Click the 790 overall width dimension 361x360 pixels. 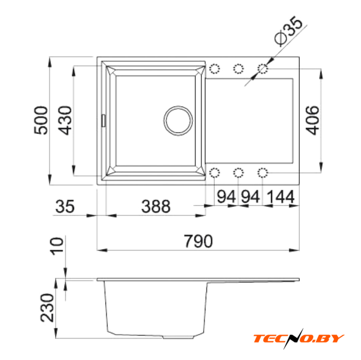pyautogui.click(x=198, y=241)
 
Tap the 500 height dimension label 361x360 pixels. pyautogui.click(x=41, y=120)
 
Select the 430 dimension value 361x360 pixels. pyautogui.click(x=65, y=120)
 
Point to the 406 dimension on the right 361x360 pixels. pyautogui.click(x=312, y=120)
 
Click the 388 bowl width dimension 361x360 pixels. pyautogui.click(x=156, y=206)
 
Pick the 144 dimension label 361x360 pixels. pyautogui.click(x=281, y=197)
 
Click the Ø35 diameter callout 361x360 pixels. pyautogui.click(x=288, y=30)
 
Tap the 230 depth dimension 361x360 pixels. pyautogui.click(x=47, y=308)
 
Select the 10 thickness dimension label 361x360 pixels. pyautogui.click(x=57, y=245)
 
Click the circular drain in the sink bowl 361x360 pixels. pyautogui.click(x=178, y=120)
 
